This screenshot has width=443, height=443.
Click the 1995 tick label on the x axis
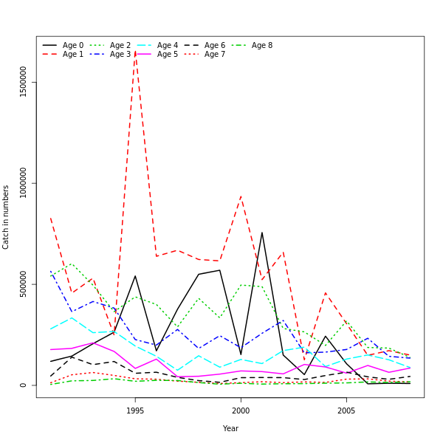coord(135,411)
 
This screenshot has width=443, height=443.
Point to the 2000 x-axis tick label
coord(241,411)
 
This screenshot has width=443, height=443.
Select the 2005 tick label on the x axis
coord(346,411)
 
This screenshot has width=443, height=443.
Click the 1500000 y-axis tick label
coord(24,81)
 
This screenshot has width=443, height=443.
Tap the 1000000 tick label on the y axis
coord(24,182)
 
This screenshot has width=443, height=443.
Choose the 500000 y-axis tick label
coord(24,284)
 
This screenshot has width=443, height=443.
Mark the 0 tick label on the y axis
coord(24,385)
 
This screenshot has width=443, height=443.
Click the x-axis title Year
coord(230,428)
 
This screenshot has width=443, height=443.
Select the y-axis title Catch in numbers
coord(6,217)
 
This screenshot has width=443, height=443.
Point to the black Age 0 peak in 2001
coord(261,233)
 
